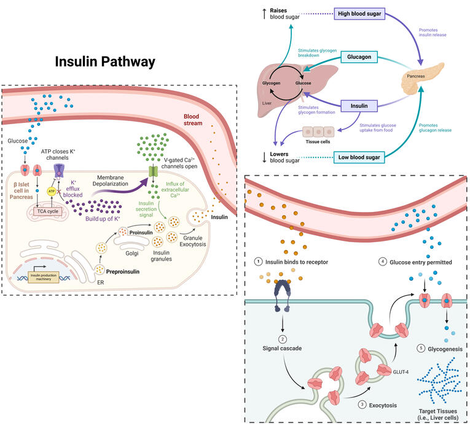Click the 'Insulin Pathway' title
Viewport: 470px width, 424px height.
point(105,62)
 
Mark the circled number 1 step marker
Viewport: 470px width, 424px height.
point(260,262)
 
